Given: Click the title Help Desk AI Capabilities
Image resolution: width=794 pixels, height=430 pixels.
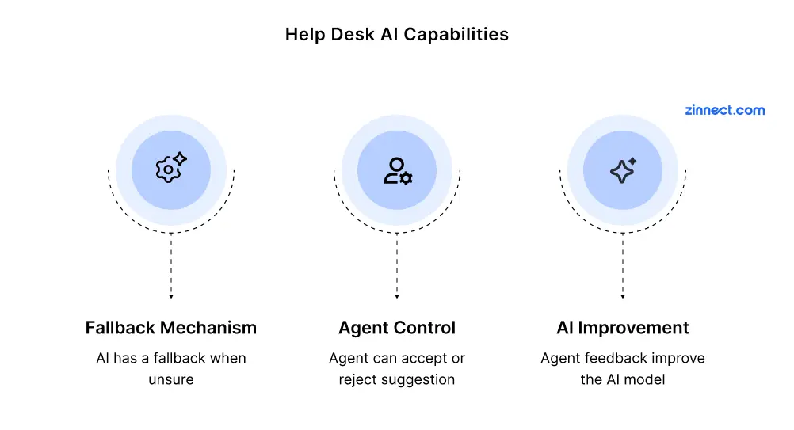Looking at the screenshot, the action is pos(396,34).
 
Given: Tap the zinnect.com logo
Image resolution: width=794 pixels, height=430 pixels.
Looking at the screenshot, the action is pos(724,110).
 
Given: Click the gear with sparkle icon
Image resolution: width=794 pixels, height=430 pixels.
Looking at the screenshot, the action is pos(171,167).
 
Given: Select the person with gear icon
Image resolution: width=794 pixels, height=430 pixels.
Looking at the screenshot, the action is pos(398,171).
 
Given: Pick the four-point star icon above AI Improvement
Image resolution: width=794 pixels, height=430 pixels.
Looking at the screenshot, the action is pos(623,170).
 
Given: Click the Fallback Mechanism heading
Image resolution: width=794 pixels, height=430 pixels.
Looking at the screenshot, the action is pos(171,328).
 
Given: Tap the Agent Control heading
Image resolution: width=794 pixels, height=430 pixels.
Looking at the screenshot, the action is pos(397,329).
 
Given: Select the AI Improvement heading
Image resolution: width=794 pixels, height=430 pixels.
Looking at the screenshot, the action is pos(623,329).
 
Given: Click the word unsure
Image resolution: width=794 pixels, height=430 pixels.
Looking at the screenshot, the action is pos(171,379).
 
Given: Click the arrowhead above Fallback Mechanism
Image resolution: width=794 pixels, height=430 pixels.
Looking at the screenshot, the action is pos(171,296).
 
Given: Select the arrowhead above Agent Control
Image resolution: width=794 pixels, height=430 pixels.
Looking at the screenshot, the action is pos(397,296).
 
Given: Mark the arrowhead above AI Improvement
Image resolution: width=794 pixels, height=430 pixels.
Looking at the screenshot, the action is pos(623,296).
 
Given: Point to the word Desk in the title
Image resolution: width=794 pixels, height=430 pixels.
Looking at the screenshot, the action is pos(353,34).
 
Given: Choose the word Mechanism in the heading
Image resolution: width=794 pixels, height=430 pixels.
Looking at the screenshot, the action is pos(208,328).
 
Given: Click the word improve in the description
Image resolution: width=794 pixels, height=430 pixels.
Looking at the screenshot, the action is pos(678,359).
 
